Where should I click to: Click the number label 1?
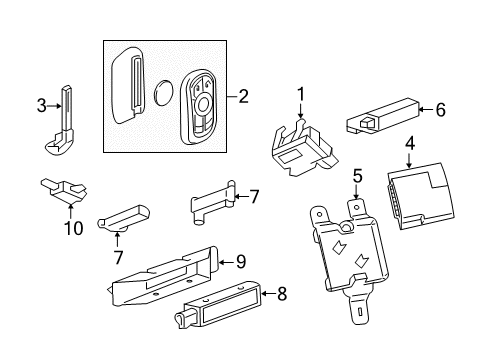point(298,122)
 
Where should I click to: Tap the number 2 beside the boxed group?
point(242,97)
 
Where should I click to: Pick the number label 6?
point(439,112)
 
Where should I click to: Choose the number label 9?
point(239,262)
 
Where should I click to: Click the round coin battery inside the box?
point(166,95)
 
